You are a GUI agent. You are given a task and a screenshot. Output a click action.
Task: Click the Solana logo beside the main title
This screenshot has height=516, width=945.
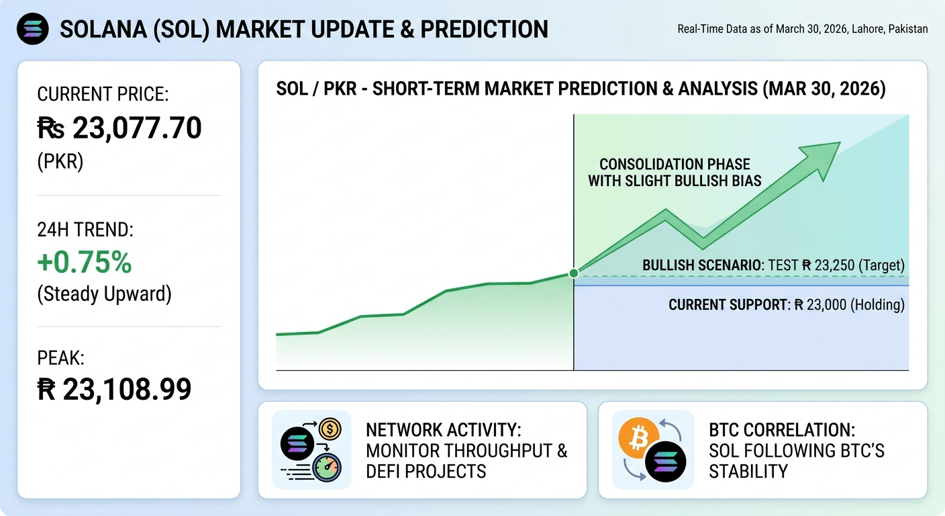pos(32,29)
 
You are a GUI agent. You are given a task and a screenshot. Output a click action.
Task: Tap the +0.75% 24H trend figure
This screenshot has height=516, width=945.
pos(85,262)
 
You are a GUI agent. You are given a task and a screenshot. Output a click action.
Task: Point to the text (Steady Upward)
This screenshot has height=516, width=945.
pos(104,294)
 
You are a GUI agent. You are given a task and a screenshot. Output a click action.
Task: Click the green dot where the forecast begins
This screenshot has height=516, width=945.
pos(574,273)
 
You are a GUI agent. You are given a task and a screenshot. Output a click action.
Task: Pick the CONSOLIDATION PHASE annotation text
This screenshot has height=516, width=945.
pos(675,172)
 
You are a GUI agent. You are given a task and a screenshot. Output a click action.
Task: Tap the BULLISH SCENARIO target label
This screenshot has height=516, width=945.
pos(773,265)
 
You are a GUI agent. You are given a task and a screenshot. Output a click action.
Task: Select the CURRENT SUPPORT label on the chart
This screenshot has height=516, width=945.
pos(787,304)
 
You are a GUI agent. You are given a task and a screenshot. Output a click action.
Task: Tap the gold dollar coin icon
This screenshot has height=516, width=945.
pos(330,429)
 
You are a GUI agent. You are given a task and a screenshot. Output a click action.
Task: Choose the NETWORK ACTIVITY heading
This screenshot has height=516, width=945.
pos(444,430)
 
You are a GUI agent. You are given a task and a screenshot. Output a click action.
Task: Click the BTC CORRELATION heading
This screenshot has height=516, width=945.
pos(782,430)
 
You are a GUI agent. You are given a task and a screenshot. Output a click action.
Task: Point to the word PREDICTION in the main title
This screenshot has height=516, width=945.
pos(484,29)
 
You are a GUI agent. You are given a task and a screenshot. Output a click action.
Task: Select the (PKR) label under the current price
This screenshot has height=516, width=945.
pos(60,162)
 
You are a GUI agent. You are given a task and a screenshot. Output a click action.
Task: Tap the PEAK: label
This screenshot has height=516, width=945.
pos(61,357)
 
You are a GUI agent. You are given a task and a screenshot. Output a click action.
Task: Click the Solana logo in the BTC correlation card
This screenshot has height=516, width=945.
pos(665,462)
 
